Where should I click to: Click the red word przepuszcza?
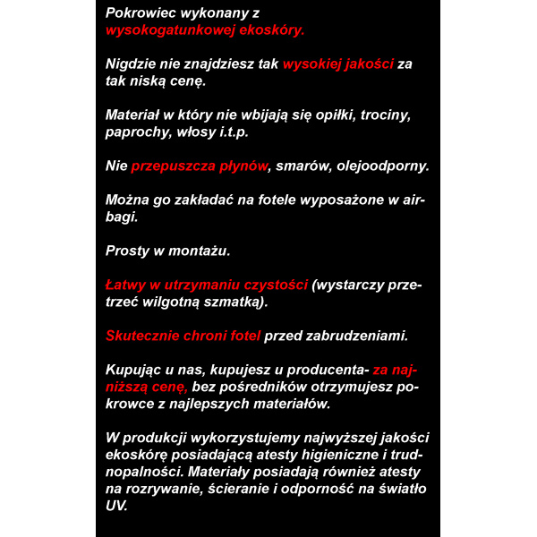coord(175,166)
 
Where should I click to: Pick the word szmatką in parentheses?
coord(234,303)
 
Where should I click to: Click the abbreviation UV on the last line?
coord(116,506)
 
